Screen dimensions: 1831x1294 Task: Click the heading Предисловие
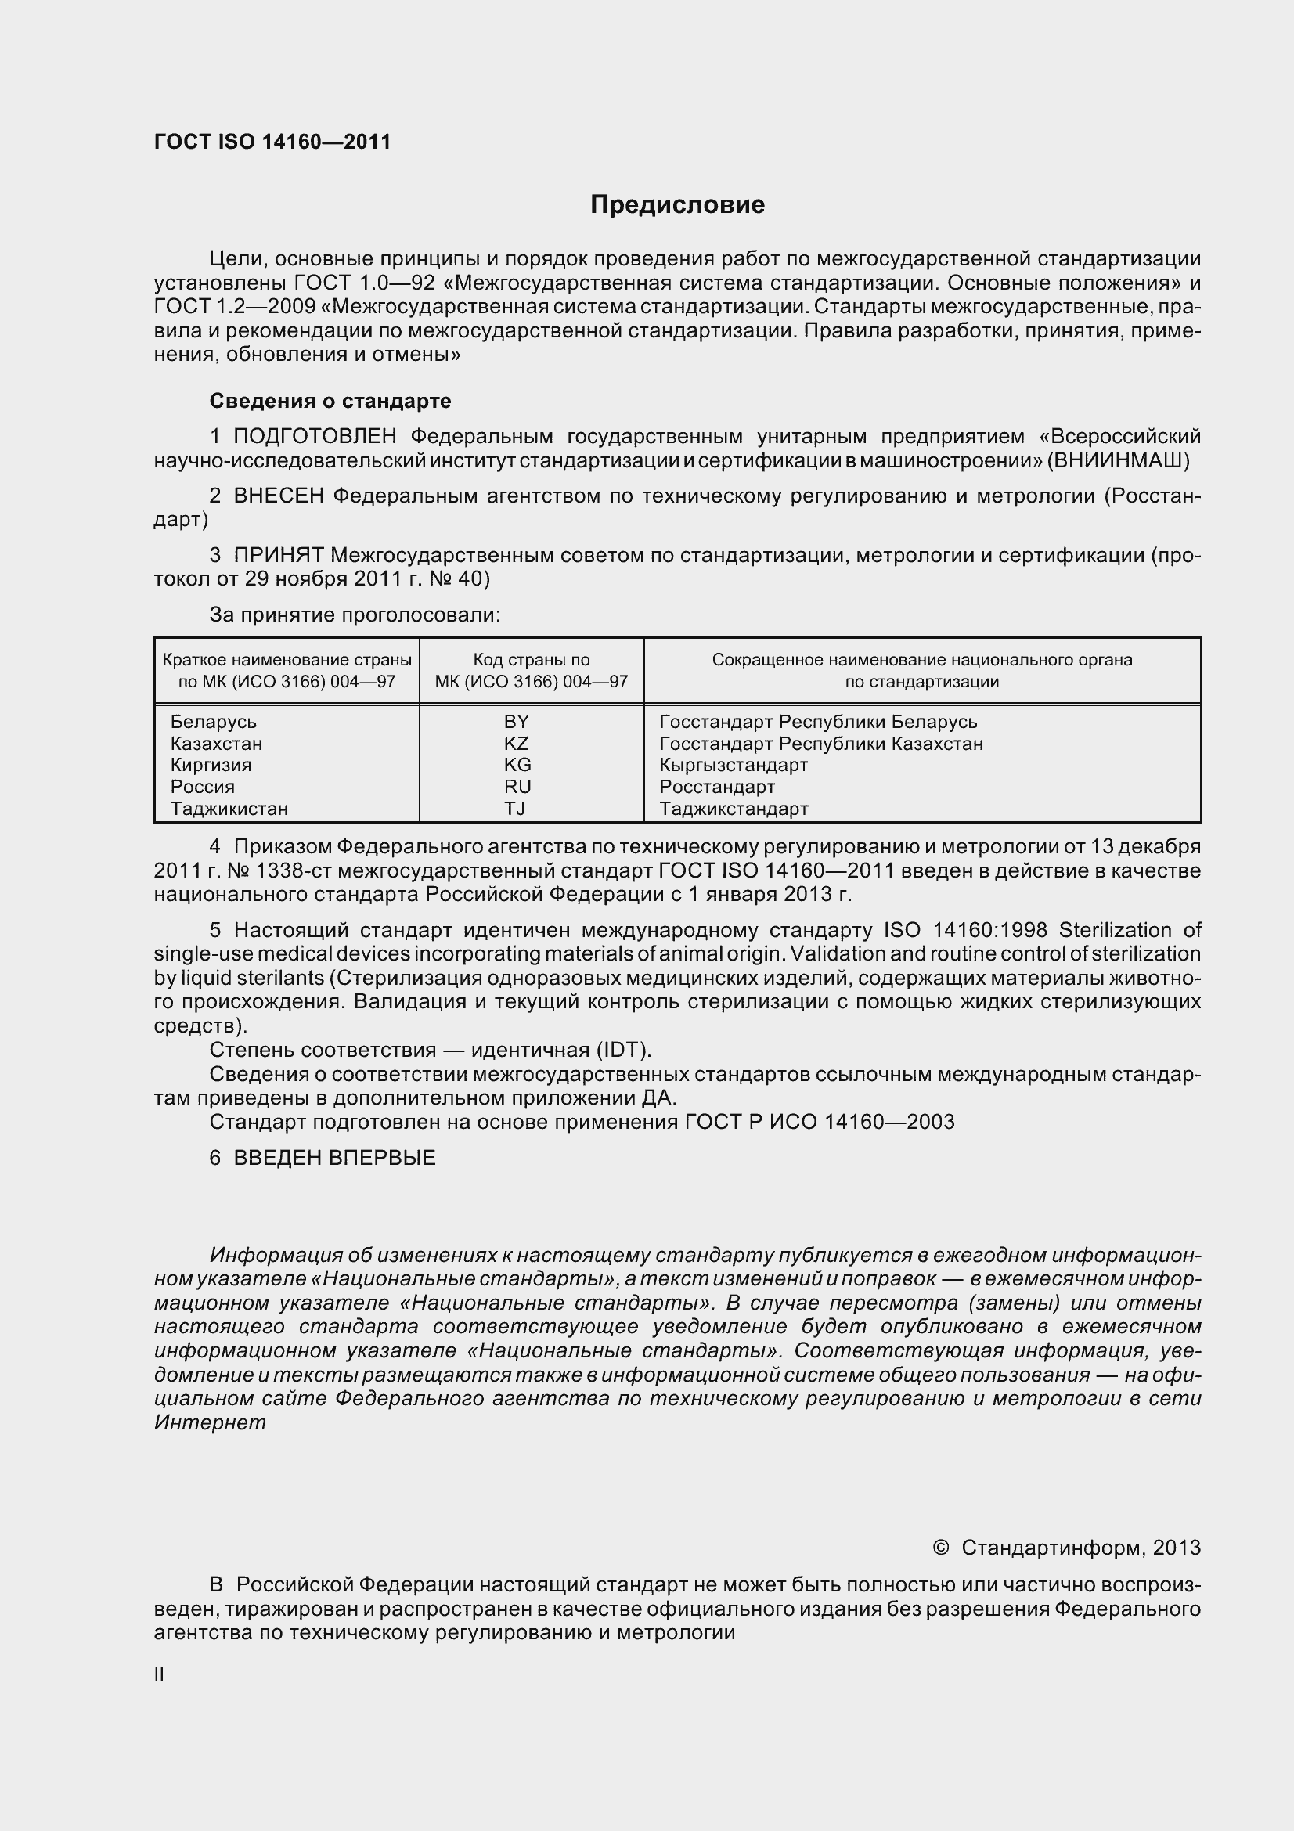coord(677,205)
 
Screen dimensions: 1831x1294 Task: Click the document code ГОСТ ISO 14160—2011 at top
coord(272,142)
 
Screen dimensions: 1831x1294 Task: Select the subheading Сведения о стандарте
coord(330,401)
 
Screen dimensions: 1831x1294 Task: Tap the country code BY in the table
coord(517,722)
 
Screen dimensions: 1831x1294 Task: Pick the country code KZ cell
coord(517,743)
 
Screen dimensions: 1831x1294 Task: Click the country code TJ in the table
coord(515,809)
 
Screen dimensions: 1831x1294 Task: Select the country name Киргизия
coord(211,765)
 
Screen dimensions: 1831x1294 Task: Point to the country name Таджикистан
coord(229,809)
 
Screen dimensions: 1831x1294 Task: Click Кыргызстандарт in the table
coord(734,765)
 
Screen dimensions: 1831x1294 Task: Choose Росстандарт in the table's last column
coord(717,787)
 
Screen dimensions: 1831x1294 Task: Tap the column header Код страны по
coord(531,661)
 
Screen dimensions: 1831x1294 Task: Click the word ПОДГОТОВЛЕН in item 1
coord(315,436)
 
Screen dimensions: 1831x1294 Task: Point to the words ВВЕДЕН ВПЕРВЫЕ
coord(334,1158)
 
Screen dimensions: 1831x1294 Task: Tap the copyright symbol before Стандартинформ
coord(941,1548)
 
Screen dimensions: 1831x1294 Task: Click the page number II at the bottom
coord(159,1674)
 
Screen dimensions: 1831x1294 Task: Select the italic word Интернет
coord(210,1422)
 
